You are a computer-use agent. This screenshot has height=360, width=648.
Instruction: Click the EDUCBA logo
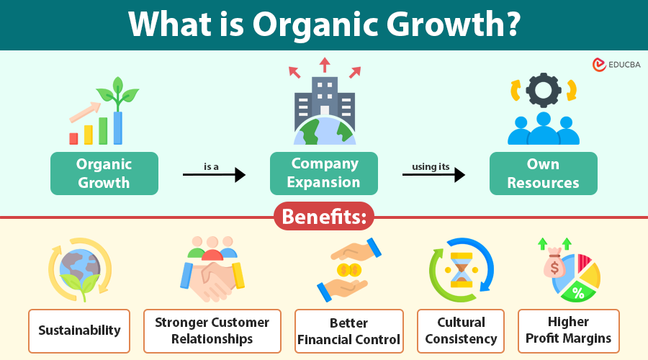[x=616, y=65]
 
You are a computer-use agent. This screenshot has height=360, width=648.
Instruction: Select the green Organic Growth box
[x=104, y=174]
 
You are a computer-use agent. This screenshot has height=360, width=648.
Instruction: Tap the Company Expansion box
[x=324, y=174]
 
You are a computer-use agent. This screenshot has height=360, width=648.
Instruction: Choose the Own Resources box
[x=543, y=174]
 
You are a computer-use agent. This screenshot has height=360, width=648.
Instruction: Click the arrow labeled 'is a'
[x=214, y=174]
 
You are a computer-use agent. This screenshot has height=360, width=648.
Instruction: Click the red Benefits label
[x=324, y=217]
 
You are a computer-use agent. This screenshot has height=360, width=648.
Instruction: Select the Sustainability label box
[x=79, y=331]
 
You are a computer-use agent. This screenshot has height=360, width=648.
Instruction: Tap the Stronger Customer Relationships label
[x=212, y=331]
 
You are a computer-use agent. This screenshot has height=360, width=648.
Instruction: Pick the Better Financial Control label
[x=348, y=331]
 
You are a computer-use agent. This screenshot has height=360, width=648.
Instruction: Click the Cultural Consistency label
[x=461, y=331]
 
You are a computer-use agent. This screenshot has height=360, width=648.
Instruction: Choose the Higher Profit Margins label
[x=568, y=330]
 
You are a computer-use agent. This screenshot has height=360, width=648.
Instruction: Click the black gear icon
[x=543, y=89]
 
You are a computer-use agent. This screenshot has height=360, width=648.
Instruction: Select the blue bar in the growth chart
[x=117, y=127]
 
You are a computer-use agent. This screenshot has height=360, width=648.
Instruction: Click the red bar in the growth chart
[x=73, y=138]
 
